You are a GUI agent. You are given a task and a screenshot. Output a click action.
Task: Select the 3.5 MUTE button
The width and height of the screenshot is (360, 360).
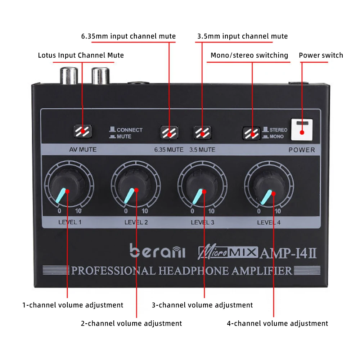202,132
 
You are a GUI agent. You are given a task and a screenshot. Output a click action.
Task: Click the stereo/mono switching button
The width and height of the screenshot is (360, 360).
251,132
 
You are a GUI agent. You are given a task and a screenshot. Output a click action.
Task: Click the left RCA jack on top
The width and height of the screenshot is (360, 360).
68,76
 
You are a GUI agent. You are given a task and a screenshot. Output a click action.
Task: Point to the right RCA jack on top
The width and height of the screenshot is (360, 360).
100,76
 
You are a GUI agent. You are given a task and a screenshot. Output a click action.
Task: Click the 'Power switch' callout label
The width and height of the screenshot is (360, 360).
321,55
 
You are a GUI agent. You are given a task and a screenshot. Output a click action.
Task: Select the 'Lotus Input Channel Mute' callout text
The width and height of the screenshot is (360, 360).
81,55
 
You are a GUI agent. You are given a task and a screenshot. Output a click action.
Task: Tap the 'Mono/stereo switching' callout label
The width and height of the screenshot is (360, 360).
249,55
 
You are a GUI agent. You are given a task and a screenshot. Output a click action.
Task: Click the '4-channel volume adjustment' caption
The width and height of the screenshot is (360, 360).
277,323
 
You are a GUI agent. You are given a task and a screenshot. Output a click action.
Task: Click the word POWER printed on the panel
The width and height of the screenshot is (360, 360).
302,150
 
